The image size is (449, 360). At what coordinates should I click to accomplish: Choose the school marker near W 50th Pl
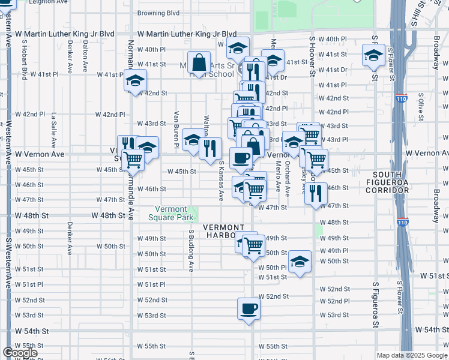(x=300, y=262)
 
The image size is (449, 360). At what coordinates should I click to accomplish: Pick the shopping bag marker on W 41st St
(x=198, y=61)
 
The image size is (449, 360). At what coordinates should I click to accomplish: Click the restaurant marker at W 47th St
(x=316, y=193)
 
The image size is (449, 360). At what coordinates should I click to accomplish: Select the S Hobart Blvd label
(x=25, y=60)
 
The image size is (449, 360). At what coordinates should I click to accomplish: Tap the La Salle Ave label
(x=53, y=130)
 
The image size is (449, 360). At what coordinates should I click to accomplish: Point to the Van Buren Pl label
(x=176, y=129)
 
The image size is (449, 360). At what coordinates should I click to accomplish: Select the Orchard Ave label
(x=288, y=178)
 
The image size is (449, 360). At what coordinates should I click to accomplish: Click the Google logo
(x=20, y=353)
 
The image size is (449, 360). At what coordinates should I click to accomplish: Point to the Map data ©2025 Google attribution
(x=412, y=355)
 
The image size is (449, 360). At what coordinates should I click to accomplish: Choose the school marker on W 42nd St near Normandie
(x=135, y=80)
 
